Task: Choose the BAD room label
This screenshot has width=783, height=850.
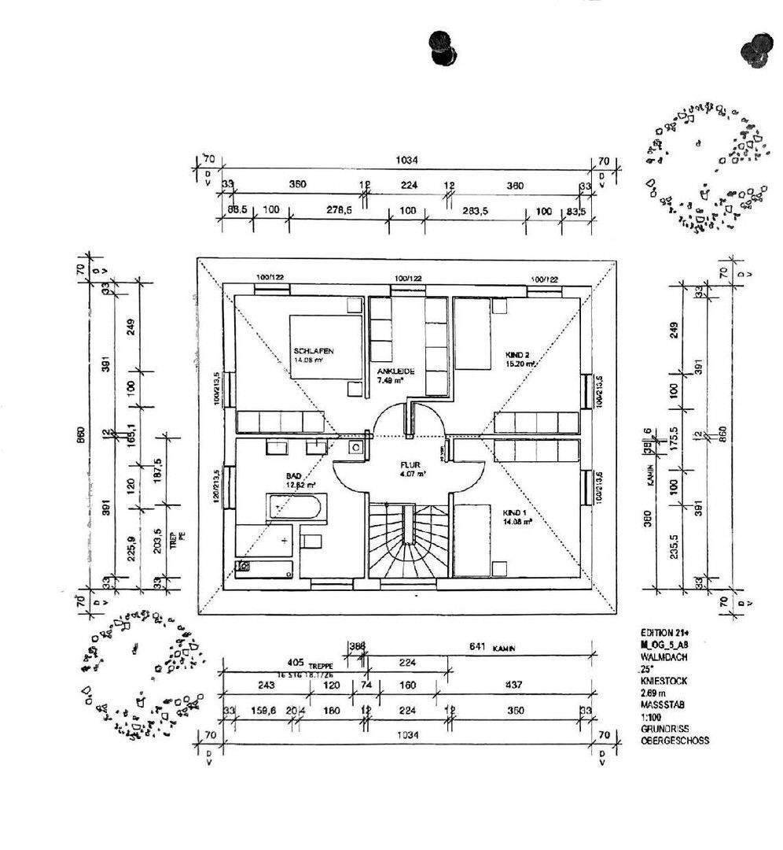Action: point(295,476)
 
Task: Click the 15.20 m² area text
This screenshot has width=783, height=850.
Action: point(520,364)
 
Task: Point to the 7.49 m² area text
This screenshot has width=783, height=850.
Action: point(390,381)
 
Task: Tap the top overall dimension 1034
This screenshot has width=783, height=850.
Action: point(406,160)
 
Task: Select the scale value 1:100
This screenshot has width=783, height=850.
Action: point(652,719)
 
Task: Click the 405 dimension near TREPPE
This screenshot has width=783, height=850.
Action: point(295,663)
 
